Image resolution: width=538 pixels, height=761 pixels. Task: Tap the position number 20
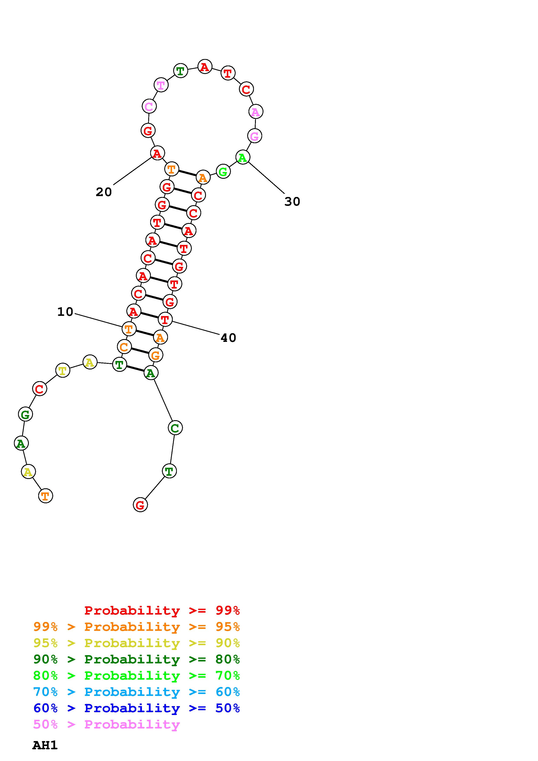[104, 192]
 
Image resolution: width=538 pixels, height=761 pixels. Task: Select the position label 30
[292, 202]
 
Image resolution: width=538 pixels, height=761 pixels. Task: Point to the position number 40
[228, 338]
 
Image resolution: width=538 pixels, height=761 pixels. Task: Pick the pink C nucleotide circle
[149, 107]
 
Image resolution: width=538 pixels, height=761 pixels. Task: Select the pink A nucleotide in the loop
[256, 112]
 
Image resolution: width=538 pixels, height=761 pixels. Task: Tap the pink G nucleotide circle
[255, 136]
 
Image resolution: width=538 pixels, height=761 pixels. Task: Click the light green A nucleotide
[243, 157]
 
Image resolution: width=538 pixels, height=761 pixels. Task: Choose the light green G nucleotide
[223, 172]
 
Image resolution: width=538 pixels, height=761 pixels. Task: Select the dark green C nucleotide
[175, 428]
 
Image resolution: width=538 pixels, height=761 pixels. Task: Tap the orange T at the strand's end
[45, 496]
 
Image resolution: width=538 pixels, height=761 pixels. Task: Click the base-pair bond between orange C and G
[140, 351]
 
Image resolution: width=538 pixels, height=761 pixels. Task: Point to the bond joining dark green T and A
[135, 369]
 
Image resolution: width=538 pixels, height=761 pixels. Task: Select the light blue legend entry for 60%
[137, 692]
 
